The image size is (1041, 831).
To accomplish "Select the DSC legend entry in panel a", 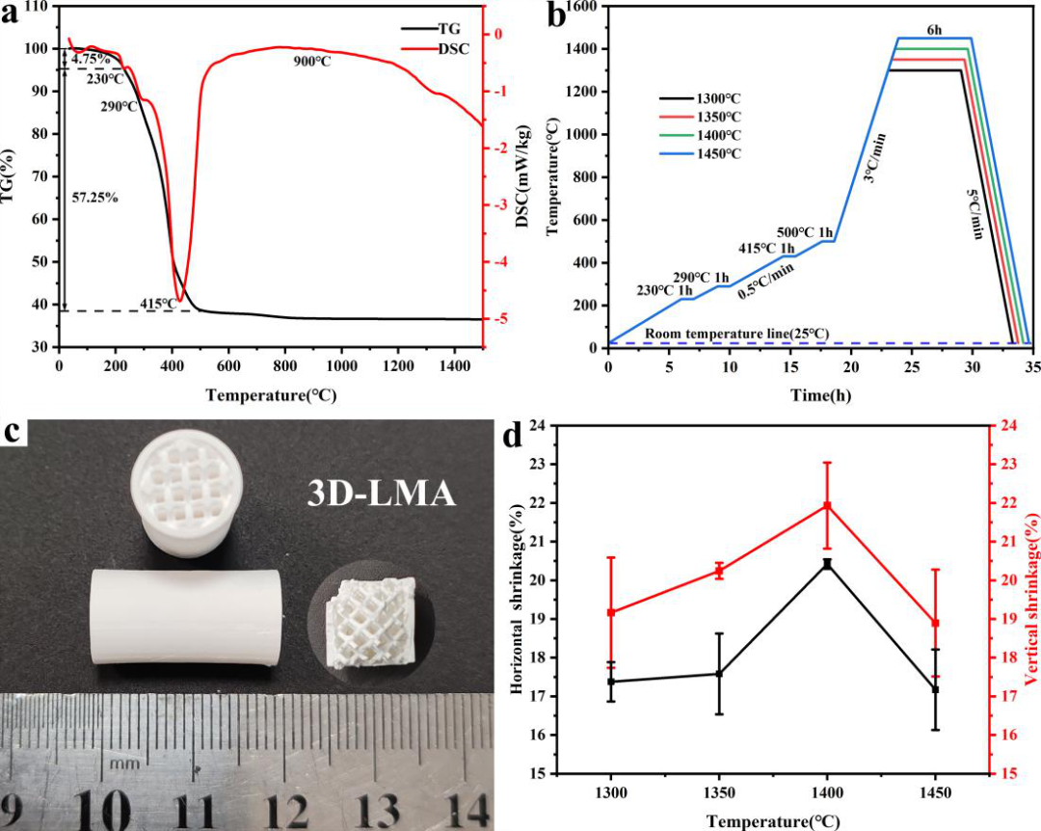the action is pyautogui.click(x=435, y=48).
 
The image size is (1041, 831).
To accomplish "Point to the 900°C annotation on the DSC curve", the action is pyautogui.click(x=312, y=62).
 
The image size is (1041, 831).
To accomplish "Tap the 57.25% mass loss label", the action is pyautogui.click(x=94, y=198).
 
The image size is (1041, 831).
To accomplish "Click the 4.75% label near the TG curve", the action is pyautogui.click(x=91, y=59).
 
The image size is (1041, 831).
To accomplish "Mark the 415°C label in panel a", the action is pyautogui.click(x=159, y=305).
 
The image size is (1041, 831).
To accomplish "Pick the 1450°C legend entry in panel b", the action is pyautogui.click(x=701, y=154).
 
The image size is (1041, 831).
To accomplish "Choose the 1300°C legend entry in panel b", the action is pyautogui.click(x=701, y=99).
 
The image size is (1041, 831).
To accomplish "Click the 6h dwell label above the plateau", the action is pyautogui.click(x=934, y=30).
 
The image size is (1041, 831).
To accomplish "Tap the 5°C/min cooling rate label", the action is pyautogui.click(x=974, y=214).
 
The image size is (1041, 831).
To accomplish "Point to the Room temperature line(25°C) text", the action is pyautogui.click(x=737, y=334).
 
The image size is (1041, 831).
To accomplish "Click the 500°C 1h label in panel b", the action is pyautogui.click(x=805, y=232).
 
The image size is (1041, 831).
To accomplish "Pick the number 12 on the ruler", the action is pyautogui.click(x=288, y=811).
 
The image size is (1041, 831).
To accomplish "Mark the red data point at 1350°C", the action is pyautogui.click(x=719, y=571).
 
